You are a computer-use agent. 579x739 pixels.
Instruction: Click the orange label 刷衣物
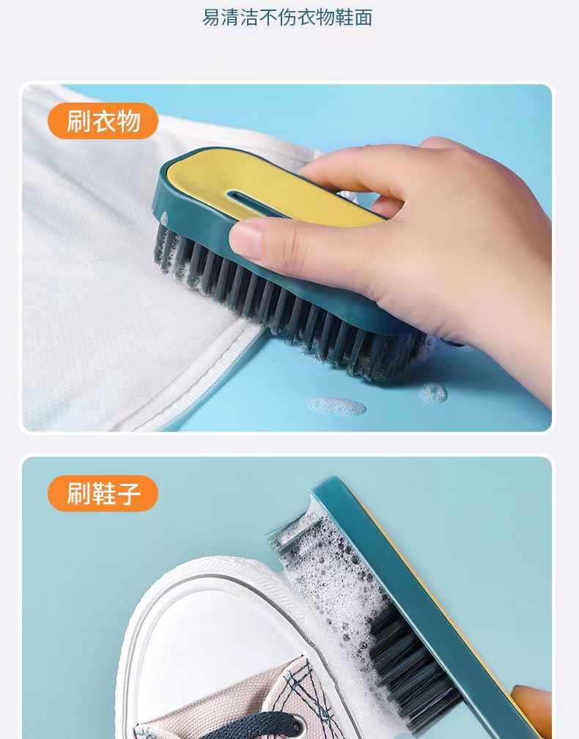point(103,121)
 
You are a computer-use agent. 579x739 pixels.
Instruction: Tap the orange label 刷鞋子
point(103,493)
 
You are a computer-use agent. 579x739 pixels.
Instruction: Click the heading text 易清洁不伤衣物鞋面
point(287,18)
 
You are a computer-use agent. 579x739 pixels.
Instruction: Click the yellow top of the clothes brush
point(220,176)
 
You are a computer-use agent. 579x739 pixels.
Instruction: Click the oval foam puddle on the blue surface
point(336,405)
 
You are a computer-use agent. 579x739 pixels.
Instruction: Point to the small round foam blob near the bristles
point(433,393)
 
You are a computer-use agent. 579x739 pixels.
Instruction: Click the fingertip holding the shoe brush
point(531,704)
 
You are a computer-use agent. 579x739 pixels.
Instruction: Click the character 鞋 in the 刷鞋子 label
point(103,493)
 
